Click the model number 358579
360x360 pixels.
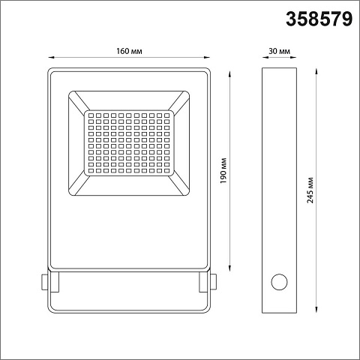pyautogui.click(x=319, y=19)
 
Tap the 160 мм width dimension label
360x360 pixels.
pyautogui.click(x=129, y=51)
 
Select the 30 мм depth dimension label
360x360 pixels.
pyautogui.click(x=279, y=51)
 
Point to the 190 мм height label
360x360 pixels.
pyautogui.click(x=223, y=170)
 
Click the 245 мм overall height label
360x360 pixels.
pyautogui.click(x=310, y=190)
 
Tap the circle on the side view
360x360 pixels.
pyautogui.click(x=279, y=282)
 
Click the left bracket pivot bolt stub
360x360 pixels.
pyautogui.click(x=44, y=282)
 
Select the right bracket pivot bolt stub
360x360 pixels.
pyautogui.click(x=214, y=282)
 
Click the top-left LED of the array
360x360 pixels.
pyautogui.click(x=91, y=115)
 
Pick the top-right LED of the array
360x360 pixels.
pyautogui.click(x=167, y=115)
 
